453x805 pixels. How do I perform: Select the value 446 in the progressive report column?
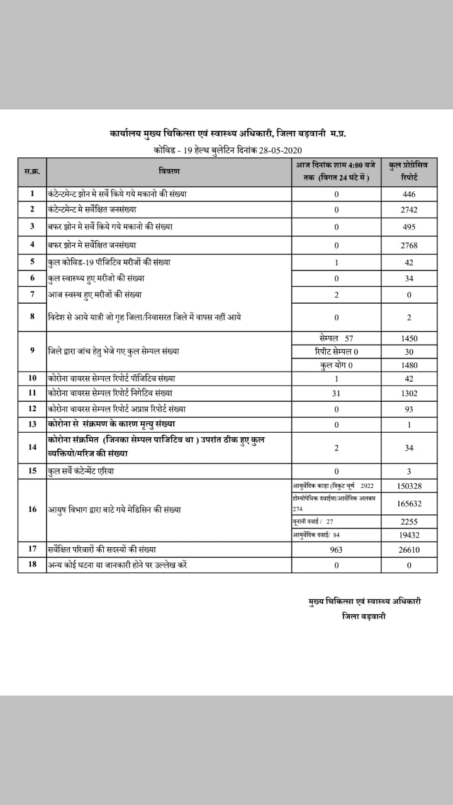tap(409, 194)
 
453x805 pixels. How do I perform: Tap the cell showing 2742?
tap(409, 209)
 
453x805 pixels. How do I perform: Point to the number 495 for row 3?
tap(409, 226)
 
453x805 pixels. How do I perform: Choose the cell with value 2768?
tap(409, 245)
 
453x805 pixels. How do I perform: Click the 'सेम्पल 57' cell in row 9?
tap(336, 338)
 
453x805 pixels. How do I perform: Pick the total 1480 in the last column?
tap(409, 365)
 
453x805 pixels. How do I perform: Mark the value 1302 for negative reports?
tap(409, 393)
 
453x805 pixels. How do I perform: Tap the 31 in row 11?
tap(336, 393)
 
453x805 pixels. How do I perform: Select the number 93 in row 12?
tap(409, 409)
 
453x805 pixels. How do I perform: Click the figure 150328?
tap(409, 486)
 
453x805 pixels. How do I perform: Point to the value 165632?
tap(409, 504)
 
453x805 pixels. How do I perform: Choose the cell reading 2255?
tap(409, 521)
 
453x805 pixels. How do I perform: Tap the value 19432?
tap(409, 535)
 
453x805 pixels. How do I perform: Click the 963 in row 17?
tap(336, 550)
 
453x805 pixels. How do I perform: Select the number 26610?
tap(409, 550)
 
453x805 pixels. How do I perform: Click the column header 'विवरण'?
tap(169, 171)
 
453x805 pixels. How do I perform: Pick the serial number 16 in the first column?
tap(32, 509)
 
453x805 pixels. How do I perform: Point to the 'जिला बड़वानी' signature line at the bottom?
tap(364, 616)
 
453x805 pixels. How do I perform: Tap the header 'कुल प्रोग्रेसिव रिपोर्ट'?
tap(409, 171)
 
